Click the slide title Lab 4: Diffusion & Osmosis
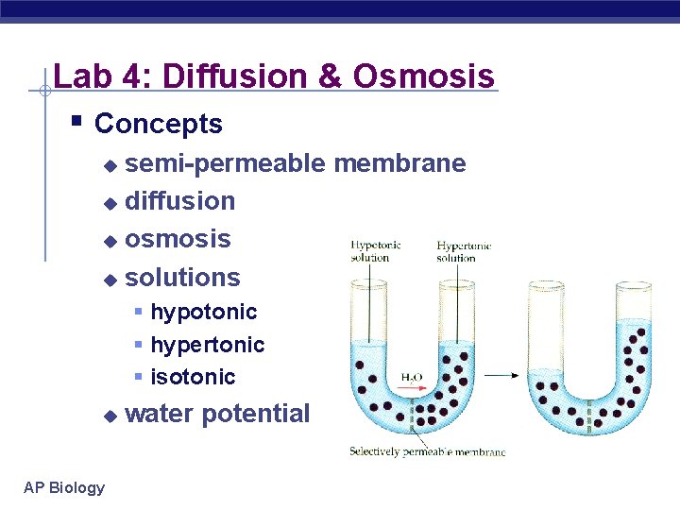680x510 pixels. click(x=274, y=76)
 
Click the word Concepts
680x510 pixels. click(x=159, y=124)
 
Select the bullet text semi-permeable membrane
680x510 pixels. click(x=295, y=163)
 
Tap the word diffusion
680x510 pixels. click(x=179, y=201)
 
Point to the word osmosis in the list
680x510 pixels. click(x=178, y=239)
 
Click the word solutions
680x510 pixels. click(x=182, y=278)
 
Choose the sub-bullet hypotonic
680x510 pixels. click(x=203, y=312)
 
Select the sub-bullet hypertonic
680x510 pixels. click(x=207, y=345)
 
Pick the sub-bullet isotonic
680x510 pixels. click(x=193, y=377)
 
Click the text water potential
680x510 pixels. click(x=216, y=414)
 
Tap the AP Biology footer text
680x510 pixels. click(x=64, y=487)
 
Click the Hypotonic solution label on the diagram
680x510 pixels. click(x=375, y=251)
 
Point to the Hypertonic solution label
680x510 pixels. click(x=464, y=251)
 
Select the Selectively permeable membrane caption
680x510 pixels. click(x=427, y=451)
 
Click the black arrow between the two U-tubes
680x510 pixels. click(x=501, y=375)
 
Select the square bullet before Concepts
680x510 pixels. click(x=76, y=122)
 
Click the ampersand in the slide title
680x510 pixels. click(x=330, y=76)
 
